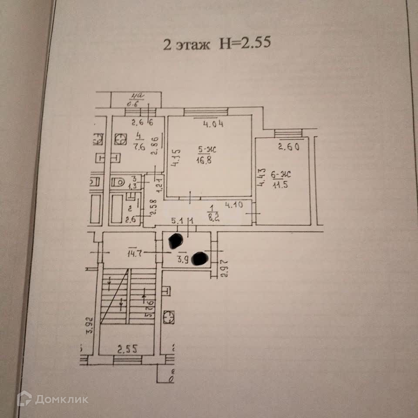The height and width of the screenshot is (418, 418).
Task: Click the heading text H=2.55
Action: [247, 44]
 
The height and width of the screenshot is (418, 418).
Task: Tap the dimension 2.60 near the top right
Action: [288, 147]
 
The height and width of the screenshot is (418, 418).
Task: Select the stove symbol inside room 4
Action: [120, 139]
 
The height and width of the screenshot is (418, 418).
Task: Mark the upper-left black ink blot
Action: [175, 240]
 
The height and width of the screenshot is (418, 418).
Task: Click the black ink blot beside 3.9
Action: [200, 259]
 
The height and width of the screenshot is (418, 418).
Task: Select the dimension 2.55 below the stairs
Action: [127, 348]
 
